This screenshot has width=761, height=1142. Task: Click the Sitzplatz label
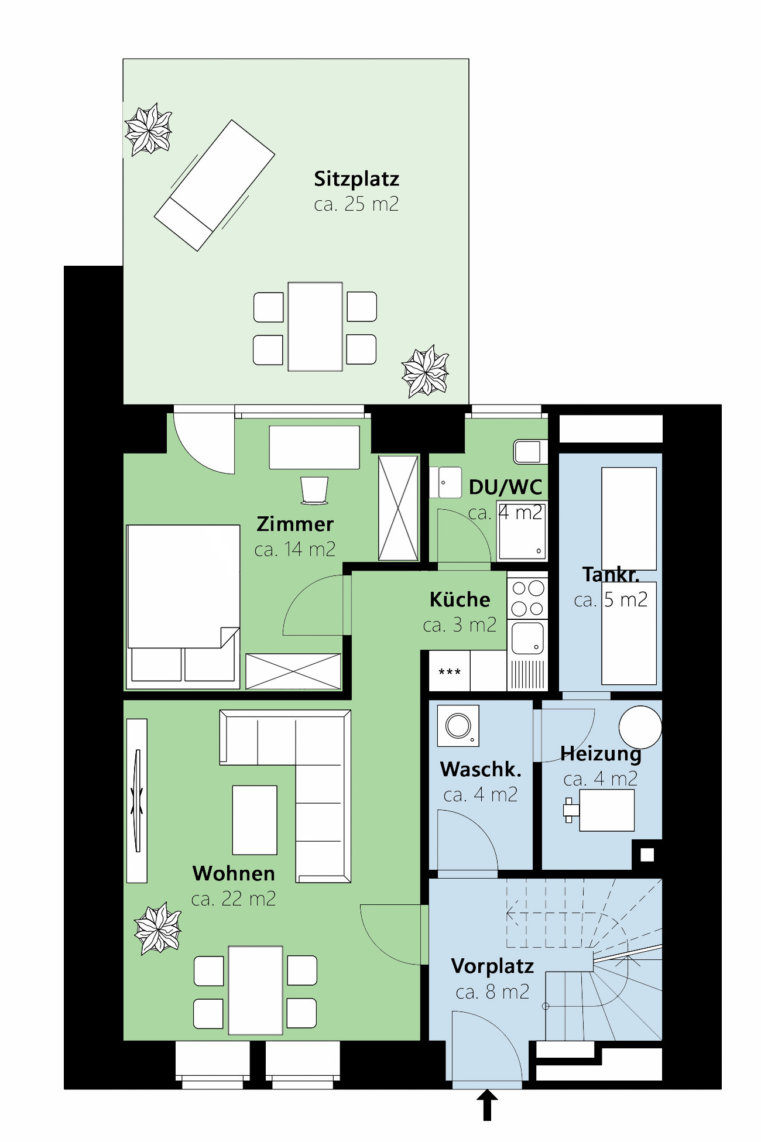(x=356, y=179)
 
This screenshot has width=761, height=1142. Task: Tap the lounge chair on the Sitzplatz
(x=214, y=186)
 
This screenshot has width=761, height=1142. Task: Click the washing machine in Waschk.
(x=458, y=726)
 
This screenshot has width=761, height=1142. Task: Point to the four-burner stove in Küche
(x=527, y=598)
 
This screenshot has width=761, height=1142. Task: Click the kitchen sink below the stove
(x=527, y=638)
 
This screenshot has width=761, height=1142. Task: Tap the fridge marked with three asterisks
(x=450, y=671)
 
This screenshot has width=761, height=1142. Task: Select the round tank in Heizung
(x=640, y=727)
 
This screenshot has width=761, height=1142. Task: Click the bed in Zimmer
(x=183, y=603)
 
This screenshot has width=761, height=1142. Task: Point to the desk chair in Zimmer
(x=314, y=490)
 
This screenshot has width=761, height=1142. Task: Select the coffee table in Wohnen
(x=255, y=820)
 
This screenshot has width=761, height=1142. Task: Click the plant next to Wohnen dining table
(x=157, y=928)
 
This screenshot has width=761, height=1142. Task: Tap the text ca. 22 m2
(x=233, y=898)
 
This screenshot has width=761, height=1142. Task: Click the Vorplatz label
(x=492, y=966)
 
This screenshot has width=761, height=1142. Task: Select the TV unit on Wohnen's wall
(x=137, y=801)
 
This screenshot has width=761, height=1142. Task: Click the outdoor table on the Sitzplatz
(x=315, y=327)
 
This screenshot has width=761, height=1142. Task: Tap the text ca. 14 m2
(x=294, y=549)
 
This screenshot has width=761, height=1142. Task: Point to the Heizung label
(x=601, y=753)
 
